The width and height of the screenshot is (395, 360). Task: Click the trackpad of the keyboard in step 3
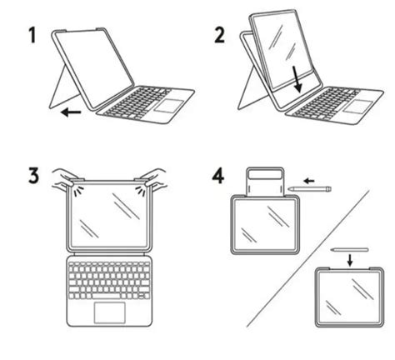pyautogui.click(x=110, y=312)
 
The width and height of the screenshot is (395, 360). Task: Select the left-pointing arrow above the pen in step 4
pyautogui.click(x=308, y=177)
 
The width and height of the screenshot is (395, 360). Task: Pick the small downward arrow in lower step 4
pyautogui.click(x=347, y=258)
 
